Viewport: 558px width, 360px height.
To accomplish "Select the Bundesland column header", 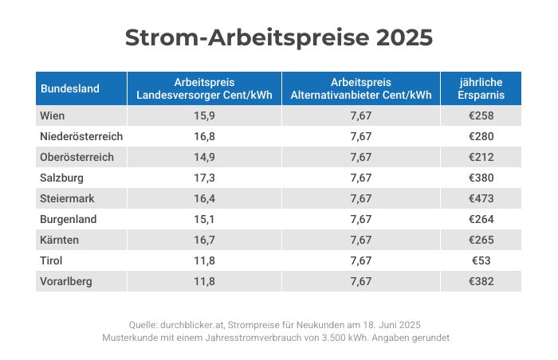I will pyautogui.click(x=70, y=88).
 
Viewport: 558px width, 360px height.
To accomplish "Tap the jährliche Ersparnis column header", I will pyautogui.click(x=480, y=88).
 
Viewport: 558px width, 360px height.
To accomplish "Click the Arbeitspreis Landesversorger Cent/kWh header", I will pyautogui.click(x=204, y=88).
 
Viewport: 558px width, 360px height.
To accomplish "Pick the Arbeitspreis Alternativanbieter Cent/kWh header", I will pyautogui.click(x=361, y=88).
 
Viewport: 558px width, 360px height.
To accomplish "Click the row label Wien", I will pyautogui.click(x=53, y=115).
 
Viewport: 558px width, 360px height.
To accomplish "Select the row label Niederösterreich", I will pyautogui.click(x=81, y=136).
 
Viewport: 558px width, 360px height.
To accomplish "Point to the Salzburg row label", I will pyautogui.click(x=61, y=178).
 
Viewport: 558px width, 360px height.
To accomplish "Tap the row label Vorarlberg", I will pyautogui.click(x=65, y=281).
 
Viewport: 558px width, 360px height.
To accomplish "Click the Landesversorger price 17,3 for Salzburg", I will pyautogui.click(x=204, y=178).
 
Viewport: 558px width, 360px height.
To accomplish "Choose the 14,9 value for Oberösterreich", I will pyautogui.click(x=204, y=157).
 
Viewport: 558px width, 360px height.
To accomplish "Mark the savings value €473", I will pyautogui.click(x=480, y=198).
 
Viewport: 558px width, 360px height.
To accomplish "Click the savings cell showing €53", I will pyautogui.click(x=480, y=260).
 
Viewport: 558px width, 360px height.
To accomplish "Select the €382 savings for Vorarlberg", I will pyautogui.click(x=480, y=281).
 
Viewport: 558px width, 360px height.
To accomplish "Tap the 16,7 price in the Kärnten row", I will pyautogui.click(x=204, y=240).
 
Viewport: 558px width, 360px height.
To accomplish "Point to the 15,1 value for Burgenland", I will pyautogui.click(x=204, y=219).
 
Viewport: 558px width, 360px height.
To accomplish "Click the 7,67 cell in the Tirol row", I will pyautogui.click(x=361, y=260).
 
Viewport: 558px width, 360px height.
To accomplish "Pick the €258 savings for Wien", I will pyautogui.click(x=480, y=115).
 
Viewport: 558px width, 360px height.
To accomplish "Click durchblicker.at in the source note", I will pyautogui.click(x=196, y=325).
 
